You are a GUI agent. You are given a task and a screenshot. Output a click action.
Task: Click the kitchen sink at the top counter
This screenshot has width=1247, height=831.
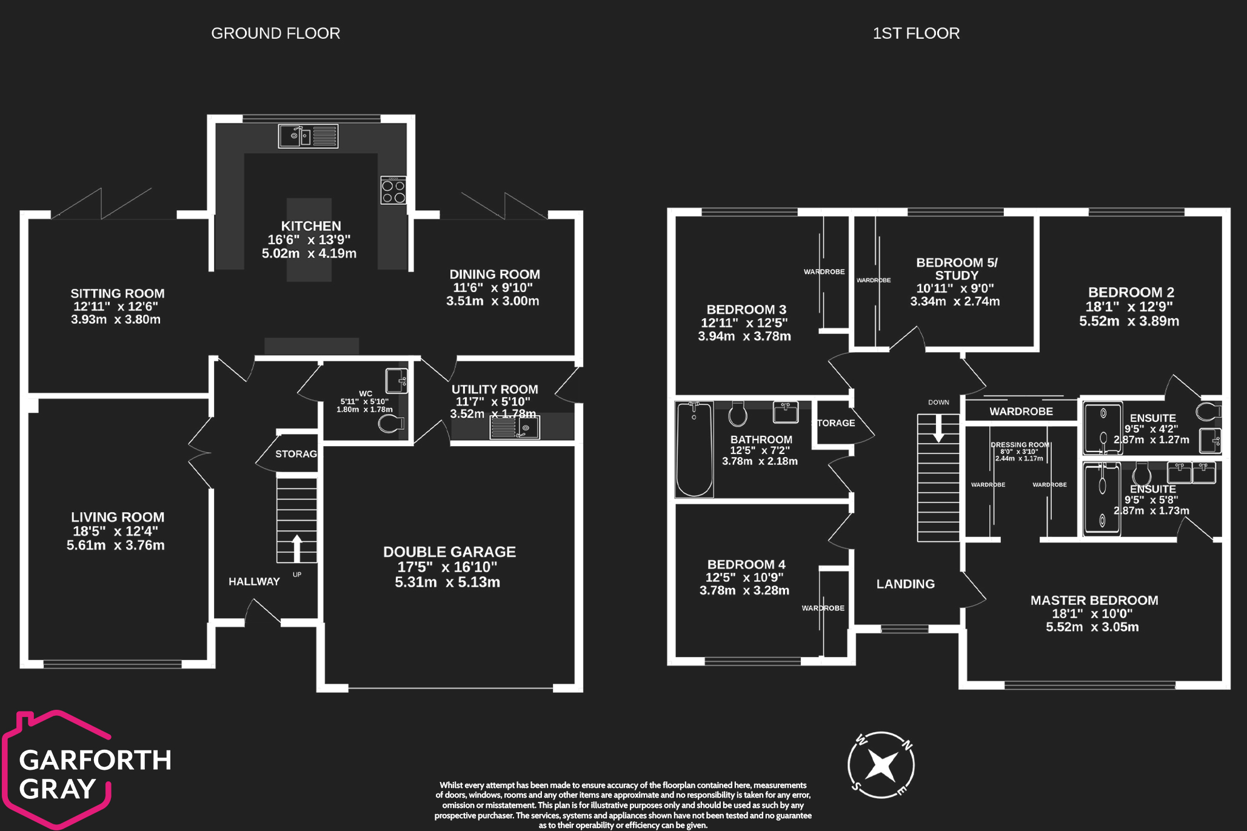[308, 136]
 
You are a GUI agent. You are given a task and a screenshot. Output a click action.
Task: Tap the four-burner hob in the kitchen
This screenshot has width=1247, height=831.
[393, 191]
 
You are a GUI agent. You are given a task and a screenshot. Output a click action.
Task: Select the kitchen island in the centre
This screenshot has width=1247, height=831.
[309, 240]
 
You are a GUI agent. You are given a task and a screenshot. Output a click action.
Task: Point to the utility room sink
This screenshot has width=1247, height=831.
[515, 429]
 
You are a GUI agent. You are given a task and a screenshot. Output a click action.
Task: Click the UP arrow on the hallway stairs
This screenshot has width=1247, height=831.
[297, 548]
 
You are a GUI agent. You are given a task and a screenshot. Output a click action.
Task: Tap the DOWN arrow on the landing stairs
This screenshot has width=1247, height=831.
[938, 428]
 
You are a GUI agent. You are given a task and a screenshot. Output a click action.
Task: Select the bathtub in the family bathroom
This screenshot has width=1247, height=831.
[694, 449]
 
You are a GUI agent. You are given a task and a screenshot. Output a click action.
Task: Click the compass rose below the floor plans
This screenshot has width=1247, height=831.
[881, 765]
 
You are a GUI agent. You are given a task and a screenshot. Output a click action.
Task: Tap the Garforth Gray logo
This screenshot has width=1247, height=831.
[85, 770]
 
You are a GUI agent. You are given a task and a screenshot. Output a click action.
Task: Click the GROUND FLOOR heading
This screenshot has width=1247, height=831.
[275, 33]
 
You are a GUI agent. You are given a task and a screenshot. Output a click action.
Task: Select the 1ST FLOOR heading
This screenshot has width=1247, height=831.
[915, 33]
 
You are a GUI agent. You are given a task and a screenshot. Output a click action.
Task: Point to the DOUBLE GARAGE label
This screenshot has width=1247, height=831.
[449, 552]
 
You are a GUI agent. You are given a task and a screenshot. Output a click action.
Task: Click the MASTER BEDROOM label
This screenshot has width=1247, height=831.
[1094, 600]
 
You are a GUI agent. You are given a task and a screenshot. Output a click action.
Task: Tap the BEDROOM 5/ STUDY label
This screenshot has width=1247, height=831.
[956, 269]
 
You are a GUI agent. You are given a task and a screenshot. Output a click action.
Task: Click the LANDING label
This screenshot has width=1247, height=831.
[905, 584]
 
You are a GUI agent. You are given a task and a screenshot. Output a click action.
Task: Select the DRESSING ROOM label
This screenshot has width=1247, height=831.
[1020, 445]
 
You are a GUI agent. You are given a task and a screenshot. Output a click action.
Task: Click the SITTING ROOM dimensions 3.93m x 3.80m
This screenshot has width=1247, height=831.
[116, 319]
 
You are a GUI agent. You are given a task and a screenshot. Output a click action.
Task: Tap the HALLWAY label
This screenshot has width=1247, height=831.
[254, 581]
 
